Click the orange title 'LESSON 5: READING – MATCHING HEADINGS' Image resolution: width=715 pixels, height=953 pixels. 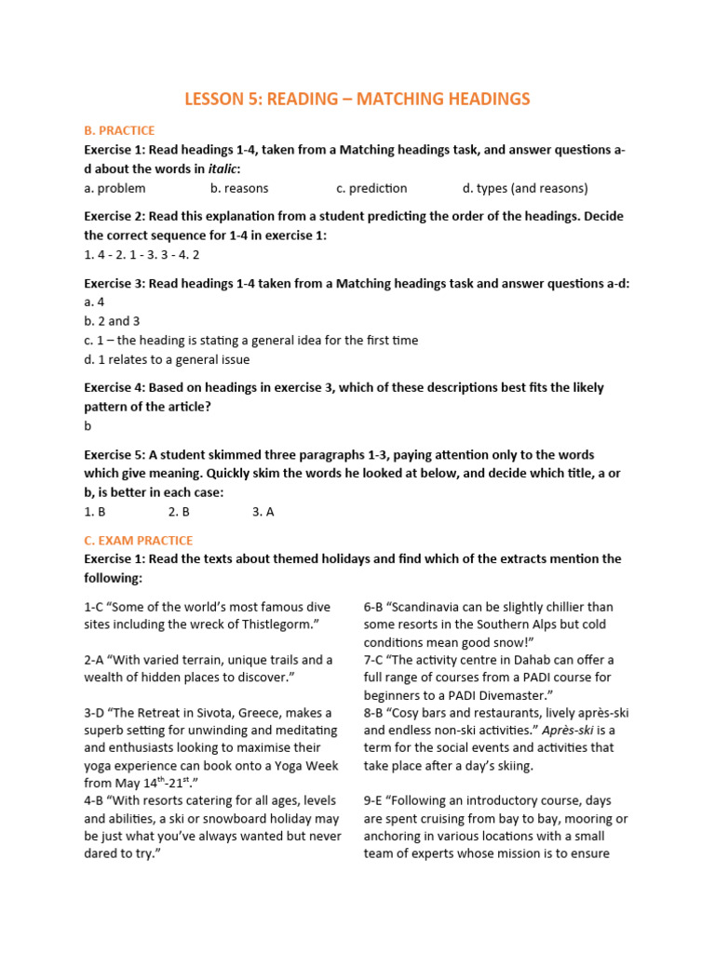357,99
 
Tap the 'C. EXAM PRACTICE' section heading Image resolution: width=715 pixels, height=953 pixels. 138,540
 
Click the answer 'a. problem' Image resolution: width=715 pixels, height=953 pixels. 115,188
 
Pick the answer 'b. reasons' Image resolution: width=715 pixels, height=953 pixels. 239,188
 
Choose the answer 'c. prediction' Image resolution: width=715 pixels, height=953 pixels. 371,188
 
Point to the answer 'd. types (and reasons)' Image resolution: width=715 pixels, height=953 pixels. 525,188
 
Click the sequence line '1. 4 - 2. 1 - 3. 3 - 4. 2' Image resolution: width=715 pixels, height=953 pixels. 142,254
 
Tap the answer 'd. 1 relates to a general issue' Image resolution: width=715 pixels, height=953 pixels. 167,359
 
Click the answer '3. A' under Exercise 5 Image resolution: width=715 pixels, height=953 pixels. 263,512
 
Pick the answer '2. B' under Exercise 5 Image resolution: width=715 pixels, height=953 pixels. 179,512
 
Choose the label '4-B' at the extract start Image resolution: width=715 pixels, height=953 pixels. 94,800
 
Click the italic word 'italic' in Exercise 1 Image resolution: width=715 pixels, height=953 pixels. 223,168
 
